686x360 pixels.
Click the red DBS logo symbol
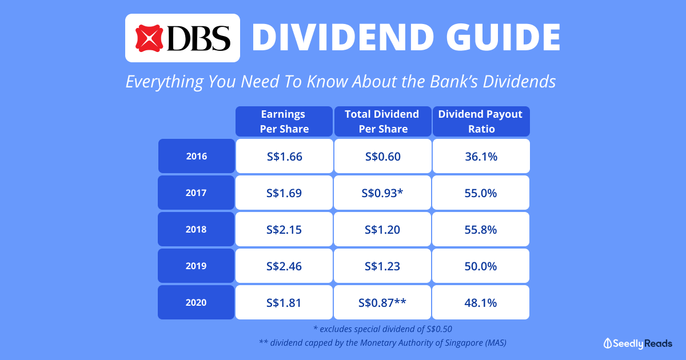(x=149, y=38)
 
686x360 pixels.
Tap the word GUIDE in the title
(x=504, y=37)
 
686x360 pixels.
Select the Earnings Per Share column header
(x=284, y=122)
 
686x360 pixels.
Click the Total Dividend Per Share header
(x=382, y=122)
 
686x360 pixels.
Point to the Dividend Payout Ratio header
(x=481, y=122)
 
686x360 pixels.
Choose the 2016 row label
(x=197, y=156)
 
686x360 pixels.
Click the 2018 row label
(x=196, y=229)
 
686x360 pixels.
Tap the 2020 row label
(x=196, y=302)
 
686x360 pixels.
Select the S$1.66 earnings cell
(x=285, y=156)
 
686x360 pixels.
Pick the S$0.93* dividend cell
(x=382, y=193)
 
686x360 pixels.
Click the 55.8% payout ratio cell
(x=481, y=229)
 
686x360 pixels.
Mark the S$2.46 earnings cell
(x=284, y=266)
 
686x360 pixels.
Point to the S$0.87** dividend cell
(x=382, y=302)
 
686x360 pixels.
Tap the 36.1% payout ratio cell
(x=481, y=156)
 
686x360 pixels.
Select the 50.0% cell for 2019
(x=481, y=266)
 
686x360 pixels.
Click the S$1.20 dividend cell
(x=382, y=229)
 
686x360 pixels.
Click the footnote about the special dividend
(x=382, y=329)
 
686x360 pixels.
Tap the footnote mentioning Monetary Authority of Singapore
(x=382, y=342)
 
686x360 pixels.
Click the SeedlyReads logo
(x=638, y=343)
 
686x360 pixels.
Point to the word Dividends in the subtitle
(x=520, y=81)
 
